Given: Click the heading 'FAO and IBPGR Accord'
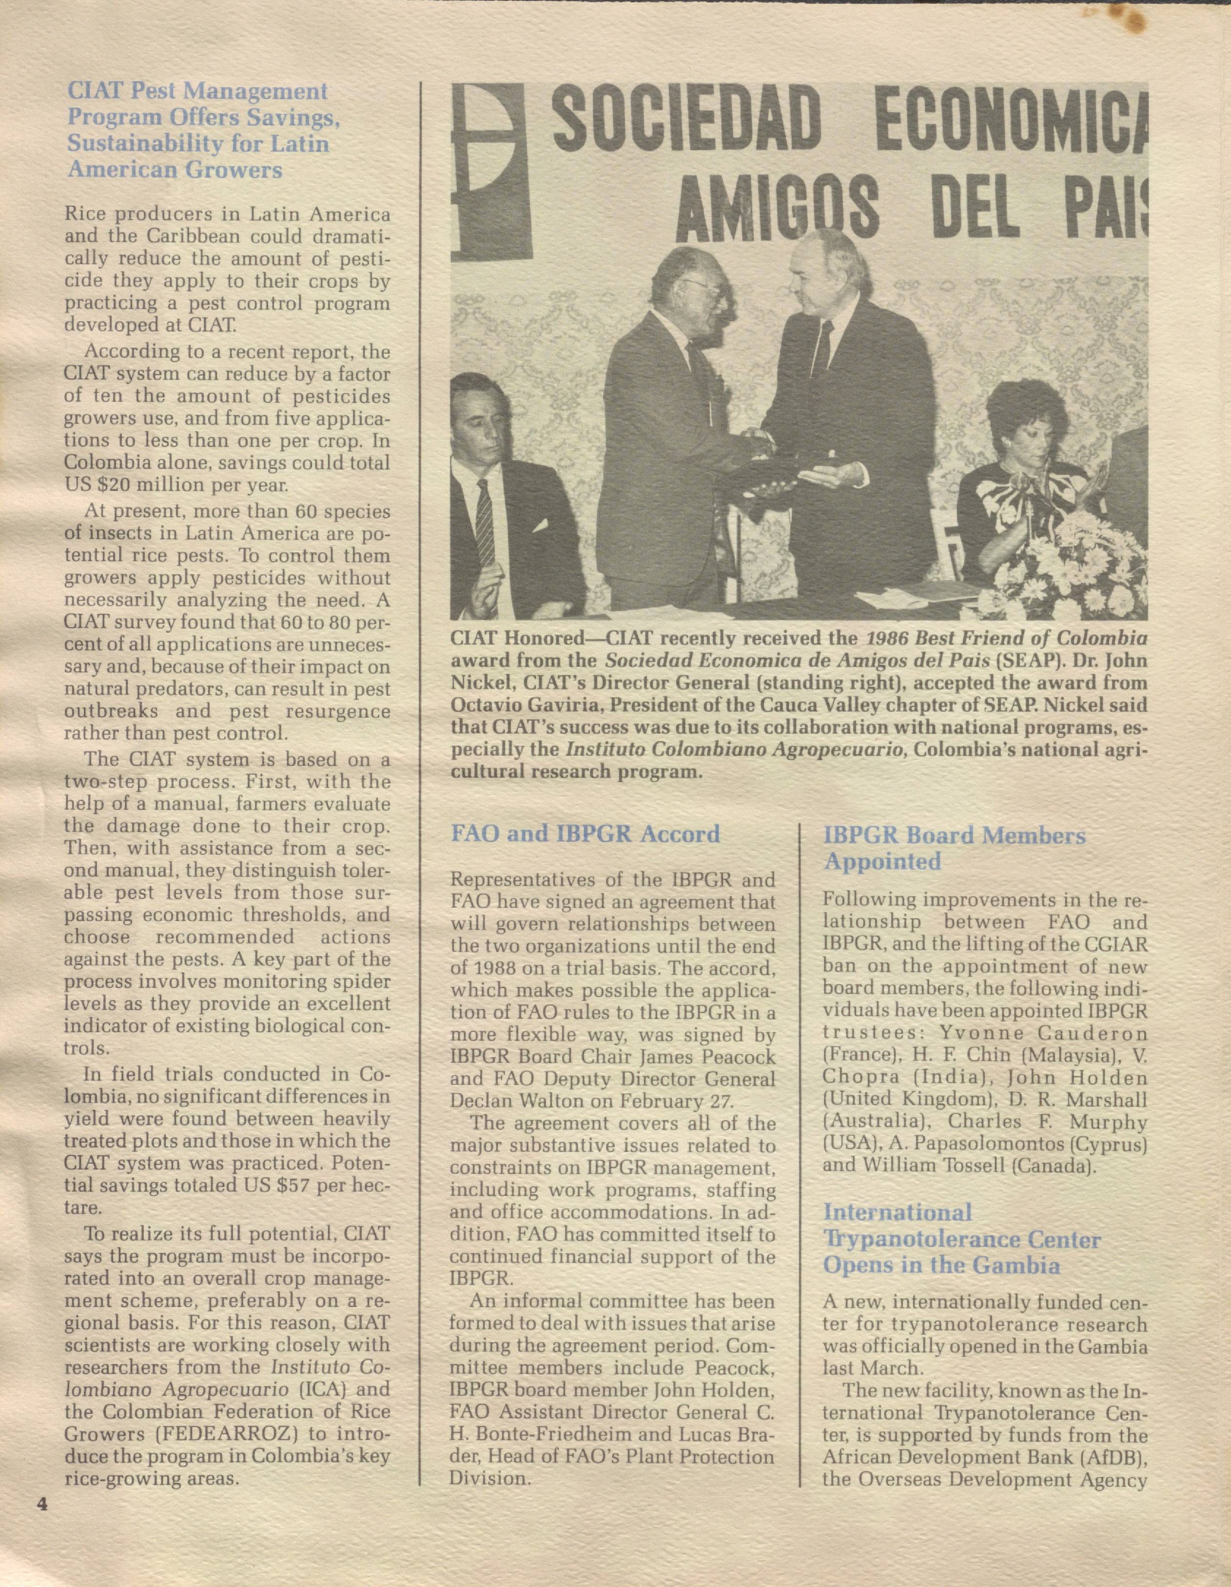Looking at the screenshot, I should [x=585, y=833].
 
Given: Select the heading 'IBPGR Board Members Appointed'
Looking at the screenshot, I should [x=954, y=848].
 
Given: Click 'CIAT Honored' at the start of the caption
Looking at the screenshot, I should [x=512, y=638].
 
